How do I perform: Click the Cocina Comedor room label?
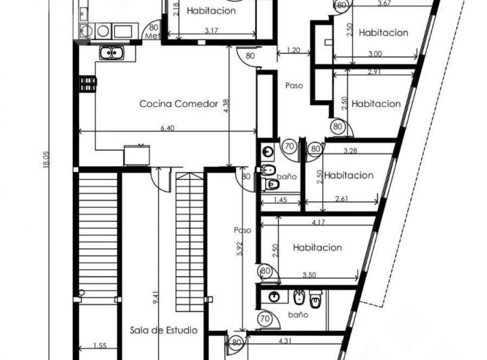(179, 104)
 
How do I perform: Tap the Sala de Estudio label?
(164, 330)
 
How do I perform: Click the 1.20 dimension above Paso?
(293, 50)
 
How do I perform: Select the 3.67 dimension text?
(384, 4)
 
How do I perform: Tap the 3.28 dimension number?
(350, 150)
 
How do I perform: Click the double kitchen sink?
(108, 53)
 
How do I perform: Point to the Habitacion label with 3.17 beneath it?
(212, 11)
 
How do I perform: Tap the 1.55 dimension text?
(99, 345)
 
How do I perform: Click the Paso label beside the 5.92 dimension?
(242, 230)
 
